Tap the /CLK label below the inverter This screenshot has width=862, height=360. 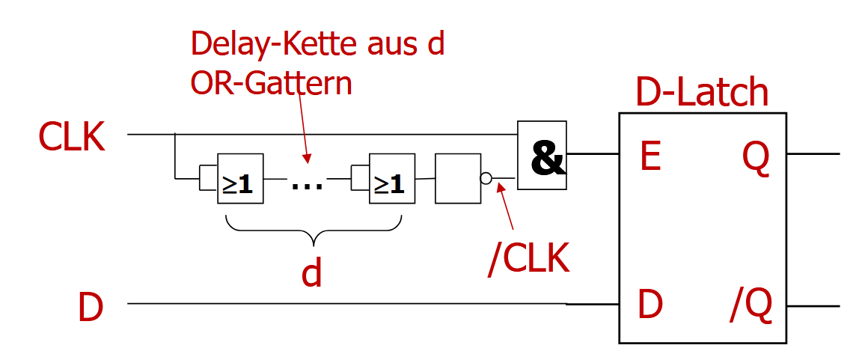(528, 259)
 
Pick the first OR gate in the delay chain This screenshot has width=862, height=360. (240, 178)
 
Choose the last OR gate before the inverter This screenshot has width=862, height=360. (391, 178)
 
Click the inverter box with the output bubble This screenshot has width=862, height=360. (457, 178)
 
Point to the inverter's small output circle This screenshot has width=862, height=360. (486, 179)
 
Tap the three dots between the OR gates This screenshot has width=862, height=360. (307, 183)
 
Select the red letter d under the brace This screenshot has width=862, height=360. (311, 273)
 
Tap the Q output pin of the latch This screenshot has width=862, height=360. (756, 157)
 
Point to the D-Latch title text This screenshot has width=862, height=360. (701, 93)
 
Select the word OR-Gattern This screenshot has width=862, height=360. (271, 82)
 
